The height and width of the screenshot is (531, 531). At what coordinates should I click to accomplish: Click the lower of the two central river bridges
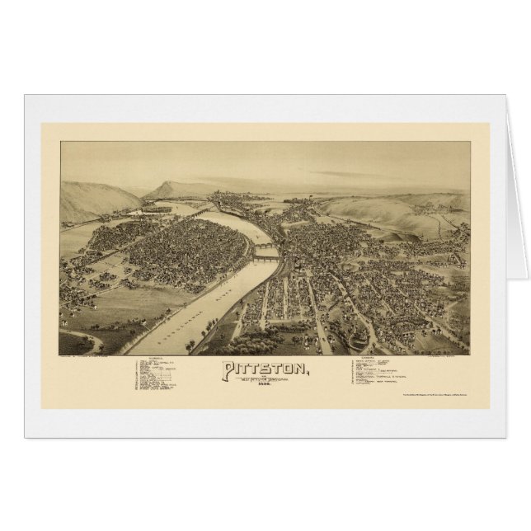tap(264, 258)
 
